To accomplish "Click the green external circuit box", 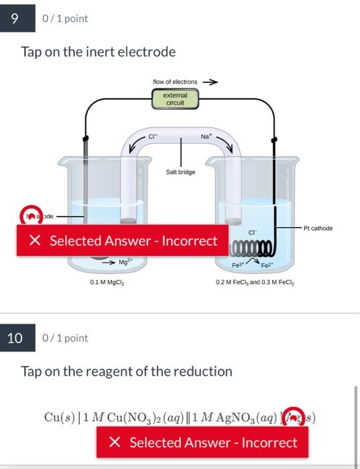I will pyautogui.click(x=175, y=99).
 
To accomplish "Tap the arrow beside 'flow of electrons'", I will pyautogui.click(x=211, y=82).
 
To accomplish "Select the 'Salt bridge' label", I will pyautogui.click(x=180, y=172).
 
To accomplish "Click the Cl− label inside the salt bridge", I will pyautogui.click(x=154, y=137).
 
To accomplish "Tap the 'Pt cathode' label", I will pyautogui.click(x=318, y=228).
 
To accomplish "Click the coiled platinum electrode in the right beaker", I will pyautogui.click(x=249, y=251).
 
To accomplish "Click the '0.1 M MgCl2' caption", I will pyautogui.click(x=107, y=283).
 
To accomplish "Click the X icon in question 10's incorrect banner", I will pyautogui.click(x=115, y=442).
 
